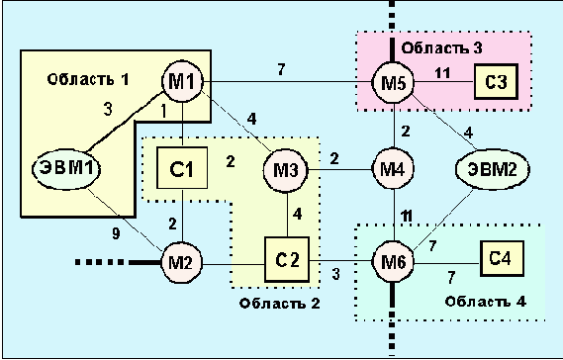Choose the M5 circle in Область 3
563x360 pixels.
392,81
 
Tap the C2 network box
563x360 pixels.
286,262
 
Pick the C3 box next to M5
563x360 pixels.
494,80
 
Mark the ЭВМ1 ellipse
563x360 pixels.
65,167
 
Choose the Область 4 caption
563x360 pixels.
484,299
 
